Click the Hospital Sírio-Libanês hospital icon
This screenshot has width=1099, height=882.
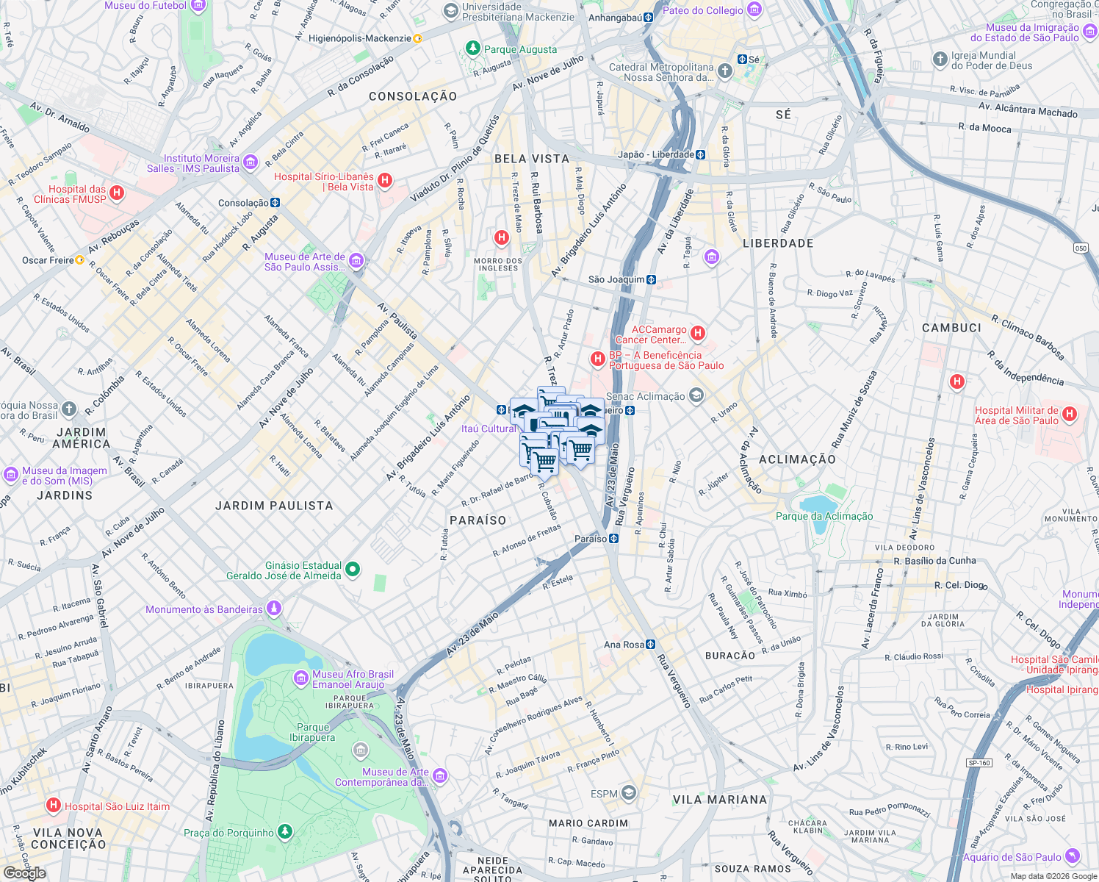coord(385,181)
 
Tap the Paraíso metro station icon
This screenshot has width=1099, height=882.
coord(614,539)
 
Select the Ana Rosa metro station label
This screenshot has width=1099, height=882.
coord(624,645)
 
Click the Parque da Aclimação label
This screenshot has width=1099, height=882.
coord(824,516)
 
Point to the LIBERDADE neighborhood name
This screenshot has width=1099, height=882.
coord(778,243)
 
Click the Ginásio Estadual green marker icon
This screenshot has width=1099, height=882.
coord(353,569)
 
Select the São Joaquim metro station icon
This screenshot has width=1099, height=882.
coord(651,279)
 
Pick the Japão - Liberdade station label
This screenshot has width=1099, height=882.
coord(655,154)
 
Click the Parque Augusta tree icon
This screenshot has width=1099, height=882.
coord(473,49)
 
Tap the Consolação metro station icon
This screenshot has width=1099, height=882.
coord(275,203)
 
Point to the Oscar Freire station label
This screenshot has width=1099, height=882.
coord(48,260)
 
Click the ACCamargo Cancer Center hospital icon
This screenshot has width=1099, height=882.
coord(698,333)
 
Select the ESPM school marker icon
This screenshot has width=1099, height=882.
coord(628,792)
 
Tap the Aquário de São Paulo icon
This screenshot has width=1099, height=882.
coord(1073,856)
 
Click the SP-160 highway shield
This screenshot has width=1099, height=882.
coord(979,762)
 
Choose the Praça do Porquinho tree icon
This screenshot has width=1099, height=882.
coord(285,831)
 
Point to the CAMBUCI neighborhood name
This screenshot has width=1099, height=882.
coord(951,328)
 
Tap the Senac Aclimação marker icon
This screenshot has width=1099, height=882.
coord(696,396)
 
